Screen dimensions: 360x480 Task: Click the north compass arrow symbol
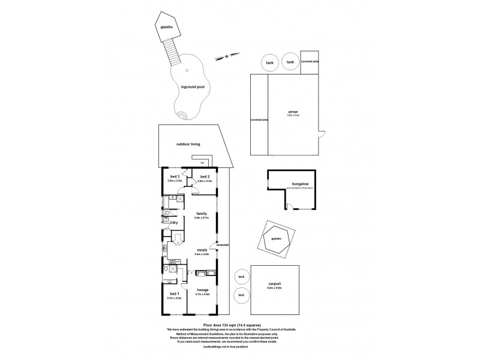[227, 56]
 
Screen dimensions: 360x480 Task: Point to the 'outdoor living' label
[188, 145]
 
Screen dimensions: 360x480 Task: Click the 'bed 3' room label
[175, 176]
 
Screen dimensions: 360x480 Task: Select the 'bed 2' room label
[205, 176]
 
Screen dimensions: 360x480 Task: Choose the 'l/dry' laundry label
[173, 223]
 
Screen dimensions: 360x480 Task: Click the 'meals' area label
[202, 251]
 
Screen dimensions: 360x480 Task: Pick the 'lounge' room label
[202, 290]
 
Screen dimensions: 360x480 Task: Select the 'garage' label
[293, 112]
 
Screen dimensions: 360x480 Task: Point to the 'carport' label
[274, 285]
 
